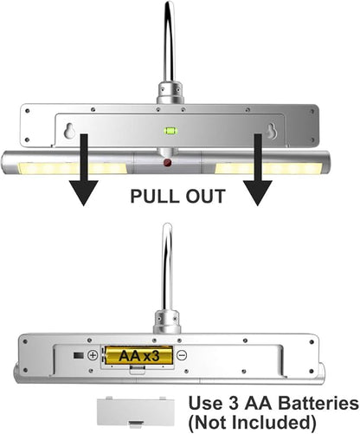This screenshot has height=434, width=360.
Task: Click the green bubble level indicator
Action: coord(170,131)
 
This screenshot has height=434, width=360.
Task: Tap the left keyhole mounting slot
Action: coord(69,131)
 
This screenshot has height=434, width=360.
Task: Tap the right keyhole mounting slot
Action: coord(272,131)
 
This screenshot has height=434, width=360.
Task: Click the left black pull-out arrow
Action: coord(84,170)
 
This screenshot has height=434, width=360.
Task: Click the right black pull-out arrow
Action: coord(258,170)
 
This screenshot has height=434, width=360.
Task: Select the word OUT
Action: coord(205,197)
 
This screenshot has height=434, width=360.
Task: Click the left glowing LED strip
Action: coord(73,168)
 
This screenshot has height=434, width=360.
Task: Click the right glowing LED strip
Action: coord(268,168)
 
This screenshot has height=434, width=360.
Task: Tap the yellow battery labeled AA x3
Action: coord(138,355)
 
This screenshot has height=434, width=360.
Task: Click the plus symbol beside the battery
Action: coord(93,355)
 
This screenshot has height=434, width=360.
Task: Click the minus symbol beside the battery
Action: coord(182,355)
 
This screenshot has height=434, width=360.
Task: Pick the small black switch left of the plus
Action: coord(79,355)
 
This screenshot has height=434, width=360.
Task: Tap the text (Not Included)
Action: coord(253,423)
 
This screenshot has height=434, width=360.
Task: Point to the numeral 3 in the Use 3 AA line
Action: coord(233,403)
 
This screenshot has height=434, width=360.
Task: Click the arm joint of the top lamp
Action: coord(170,93)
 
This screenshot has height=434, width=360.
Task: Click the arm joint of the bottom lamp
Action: coord(167,321)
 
